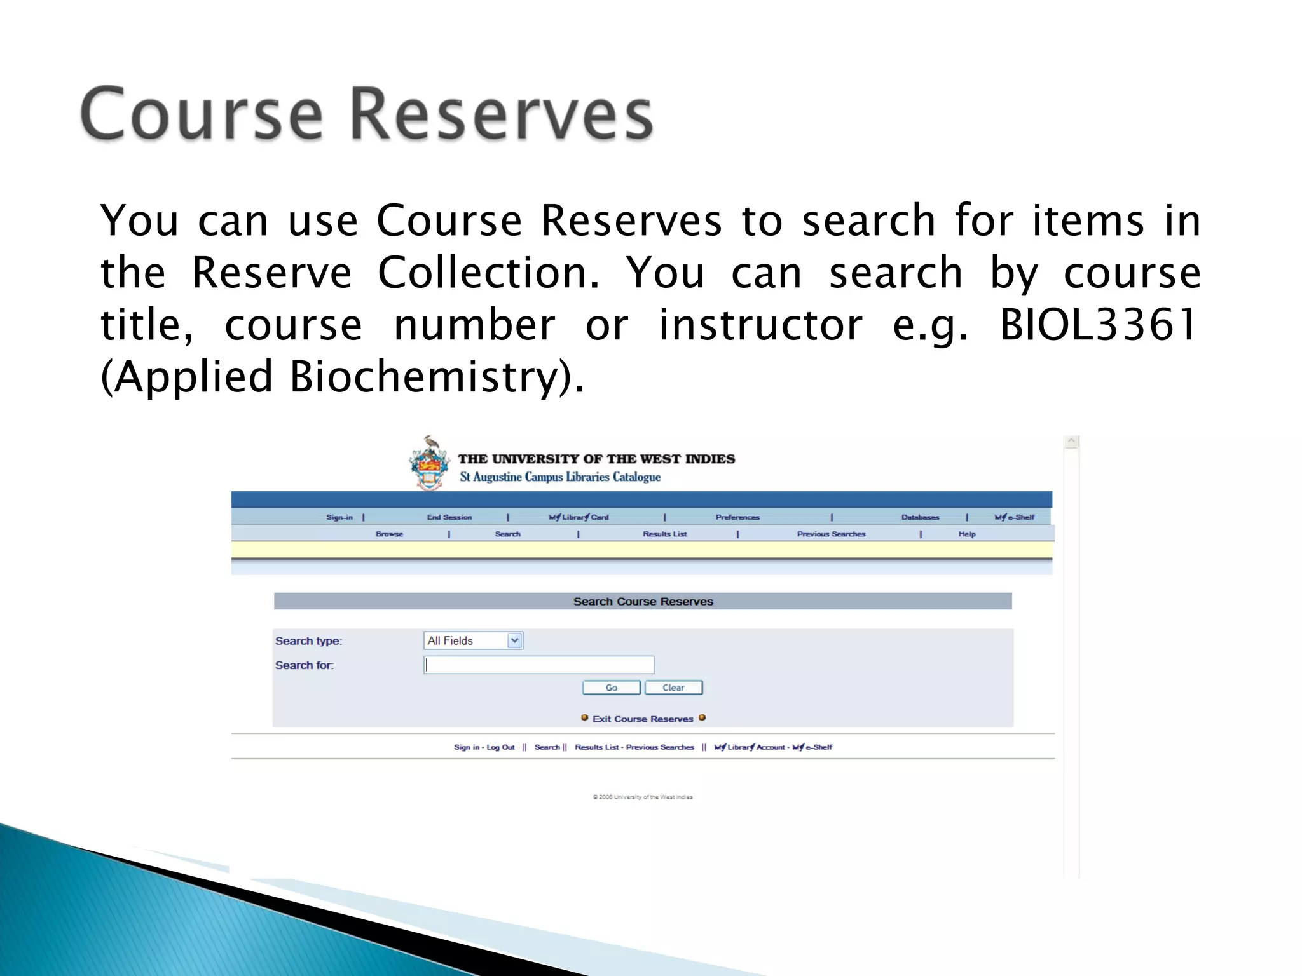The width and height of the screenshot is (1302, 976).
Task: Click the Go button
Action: pos(611,688)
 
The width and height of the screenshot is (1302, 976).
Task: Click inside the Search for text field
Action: pos(538,665)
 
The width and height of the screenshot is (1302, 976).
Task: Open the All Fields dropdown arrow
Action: pos(515,640)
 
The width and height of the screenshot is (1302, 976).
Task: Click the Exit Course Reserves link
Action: pos(643,719)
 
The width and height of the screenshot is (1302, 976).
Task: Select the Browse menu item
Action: pos(389,534)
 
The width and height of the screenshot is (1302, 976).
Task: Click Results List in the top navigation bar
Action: pos(664,534)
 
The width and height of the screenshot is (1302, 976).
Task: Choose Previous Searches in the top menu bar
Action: pos(831,534)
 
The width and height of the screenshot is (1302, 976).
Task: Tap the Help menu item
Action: pos(966,534)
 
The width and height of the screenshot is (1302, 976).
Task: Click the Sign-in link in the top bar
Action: pos(339,517)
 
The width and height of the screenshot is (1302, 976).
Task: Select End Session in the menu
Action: pos(449,517)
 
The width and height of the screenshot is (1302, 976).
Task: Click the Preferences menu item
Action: pos(737,517)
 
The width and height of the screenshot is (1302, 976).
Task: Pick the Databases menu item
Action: pos(920,517)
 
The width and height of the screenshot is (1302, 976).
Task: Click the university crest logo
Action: pos(430,464)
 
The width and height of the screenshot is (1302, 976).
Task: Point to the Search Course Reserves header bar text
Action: pos(643,601)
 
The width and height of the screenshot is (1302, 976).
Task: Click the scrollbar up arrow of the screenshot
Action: pos(1071,441)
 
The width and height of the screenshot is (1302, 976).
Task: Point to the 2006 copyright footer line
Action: pos(643,797)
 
